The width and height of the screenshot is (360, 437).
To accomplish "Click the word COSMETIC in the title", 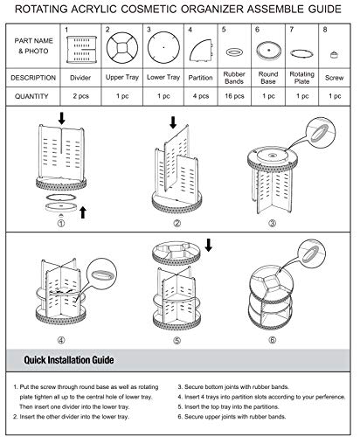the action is tap(149, 10).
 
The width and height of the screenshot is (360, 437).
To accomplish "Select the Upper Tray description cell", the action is tap(122, 78).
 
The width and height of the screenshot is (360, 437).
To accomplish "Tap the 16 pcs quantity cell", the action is tap(234, 96).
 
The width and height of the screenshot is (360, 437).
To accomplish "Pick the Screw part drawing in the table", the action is tap(335, 54).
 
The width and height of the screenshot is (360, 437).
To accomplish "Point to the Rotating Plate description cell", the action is tap(301, 78).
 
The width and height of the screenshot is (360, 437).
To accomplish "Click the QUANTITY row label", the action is tap(31, 96).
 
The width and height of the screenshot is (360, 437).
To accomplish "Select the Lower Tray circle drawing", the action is tap(163, 47).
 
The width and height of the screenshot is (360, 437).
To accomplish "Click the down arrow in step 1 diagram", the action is tap(61, 118).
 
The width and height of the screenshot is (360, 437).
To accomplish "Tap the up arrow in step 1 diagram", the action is tap(83, 212).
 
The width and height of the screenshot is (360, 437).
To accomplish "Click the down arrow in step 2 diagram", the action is tap(173, 122).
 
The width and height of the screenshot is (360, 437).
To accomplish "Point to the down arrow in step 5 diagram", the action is tap(209, 245).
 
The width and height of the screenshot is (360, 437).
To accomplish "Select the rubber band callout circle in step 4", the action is tap(102, 274).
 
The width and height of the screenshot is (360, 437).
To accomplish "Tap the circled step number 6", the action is tap(273, 340).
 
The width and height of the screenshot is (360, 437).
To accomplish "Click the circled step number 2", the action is tap(177, 224).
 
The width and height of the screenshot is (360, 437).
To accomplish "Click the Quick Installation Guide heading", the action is tap(69, 360).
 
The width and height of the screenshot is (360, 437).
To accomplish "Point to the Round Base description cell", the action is tap(268, 78).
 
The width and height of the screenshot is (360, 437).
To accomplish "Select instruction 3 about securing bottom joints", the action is tap(233, 387).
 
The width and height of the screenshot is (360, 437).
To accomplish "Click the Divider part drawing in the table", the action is tap(81, 49).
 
